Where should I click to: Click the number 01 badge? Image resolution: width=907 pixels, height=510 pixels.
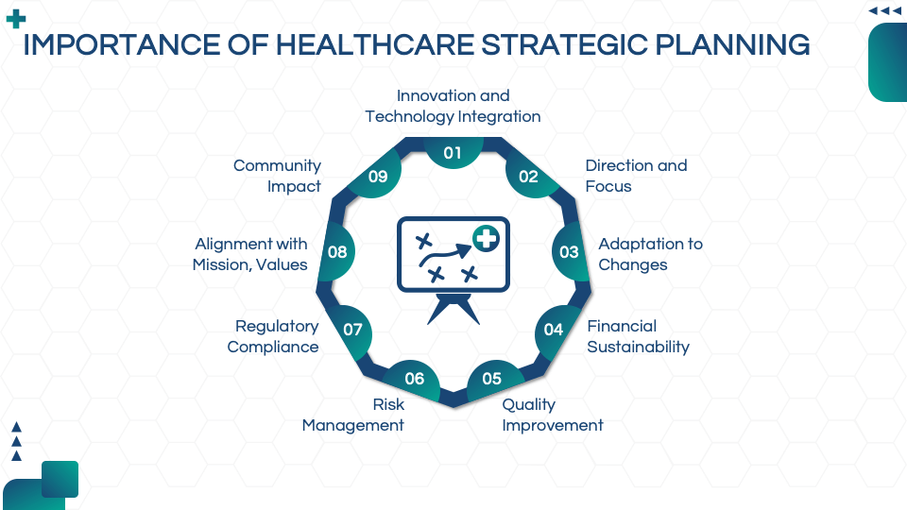(453, 153)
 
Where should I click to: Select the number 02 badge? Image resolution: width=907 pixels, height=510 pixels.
(528, 177)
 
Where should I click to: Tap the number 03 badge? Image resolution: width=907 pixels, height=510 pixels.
(569, 252)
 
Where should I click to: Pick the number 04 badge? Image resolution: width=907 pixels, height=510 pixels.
(554, 330)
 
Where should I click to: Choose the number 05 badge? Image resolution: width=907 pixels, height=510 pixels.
(492, 379)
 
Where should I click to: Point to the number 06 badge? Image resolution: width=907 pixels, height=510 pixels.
(415, 379)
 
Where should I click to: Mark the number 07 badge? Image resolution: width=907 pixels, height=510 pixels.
(352, 330)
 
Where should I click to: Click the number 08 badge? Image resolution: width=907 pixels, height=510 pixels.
(337, 252)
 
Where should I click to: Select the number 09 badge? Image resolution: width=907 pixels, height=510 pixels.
(378, 177)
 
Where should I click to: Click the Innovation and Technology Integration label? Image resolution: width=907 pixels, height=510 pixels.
(453, 106)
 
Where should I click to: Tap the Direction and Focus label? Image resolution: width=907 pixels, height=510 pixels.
(636, 176)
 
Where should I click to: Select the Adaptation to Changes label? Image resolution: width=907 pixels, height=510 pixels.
(650, 254)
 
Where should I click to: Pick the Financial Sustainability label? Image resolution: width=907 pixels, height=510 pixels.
(638, 336)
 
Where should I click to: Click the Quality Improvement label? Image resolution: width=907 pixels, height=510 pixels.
(552, 415)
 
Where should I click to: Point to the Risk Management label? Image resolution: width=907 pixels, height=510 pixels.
(353, 415)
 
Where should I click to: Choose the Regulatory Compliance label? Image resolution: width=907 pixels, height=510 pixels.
(273, 336)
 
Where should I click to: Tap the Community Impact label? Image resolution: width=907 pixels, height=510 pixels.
(278, 176)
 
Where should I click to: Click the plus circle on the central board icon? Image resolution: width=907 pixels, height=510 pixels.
(486, 240)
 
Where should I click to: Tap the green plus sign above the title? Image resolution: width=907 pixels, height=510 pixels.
(16, 19)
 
